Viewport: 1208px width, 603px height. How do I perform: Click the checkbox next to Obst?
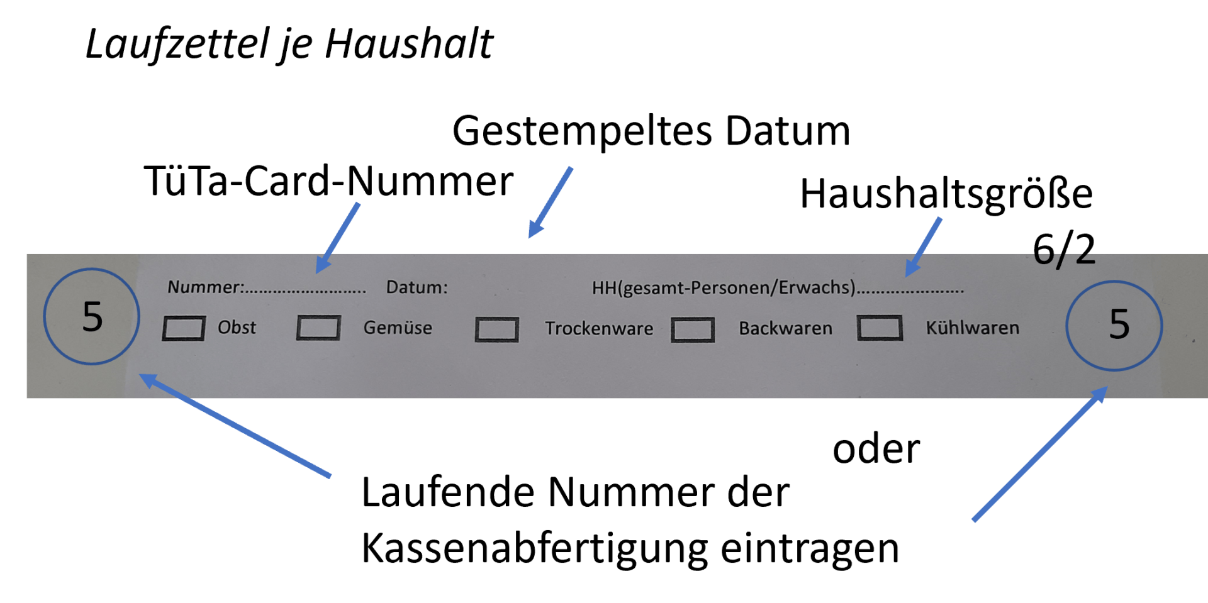point(183,328)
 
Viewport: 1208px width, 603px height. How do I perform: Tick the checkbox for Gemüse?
point(318,328)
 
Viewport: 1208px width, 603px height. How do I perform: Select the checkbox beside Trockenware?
point(496,329)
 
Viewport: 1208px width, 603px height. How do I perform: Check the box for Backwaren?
point(692,329)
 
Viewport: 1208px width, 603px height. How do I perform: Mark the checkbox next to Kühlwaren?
point(880,328)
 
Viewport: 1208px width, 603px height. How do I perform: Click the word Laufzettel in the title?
point(180,44)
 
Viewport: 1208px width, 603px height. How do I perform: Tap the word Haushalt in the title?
point(409,44)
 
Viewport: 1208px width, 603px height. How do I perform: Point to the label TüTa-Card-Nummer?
point(328,181)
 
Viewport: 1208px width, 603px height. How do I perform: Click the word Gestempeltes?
point(582,132)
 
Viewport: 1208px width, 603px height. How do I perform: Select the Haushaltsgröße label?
point(946,194)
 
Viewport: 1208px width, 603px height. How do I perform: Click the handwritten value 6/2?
point(1064,250)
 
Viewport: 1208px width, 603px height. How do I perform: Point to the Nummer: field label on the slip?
point(206,287)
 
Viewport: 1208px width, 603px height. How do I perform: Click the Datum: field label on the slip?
point(417,287)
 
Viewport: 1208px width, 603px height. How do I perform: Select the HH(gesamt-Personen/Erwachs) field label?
point(724,288)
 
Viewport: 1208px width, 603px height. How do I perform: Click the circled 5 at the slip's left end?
point(92,316)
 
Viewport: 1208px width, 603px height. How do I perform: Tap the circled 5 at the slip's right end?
point(1114,325)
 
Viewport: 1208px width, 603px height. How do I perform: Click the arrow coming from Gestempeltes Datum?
point(550,202)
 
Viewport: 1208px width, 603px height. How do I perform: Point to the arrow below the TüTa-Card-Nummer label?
point(337,238)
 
